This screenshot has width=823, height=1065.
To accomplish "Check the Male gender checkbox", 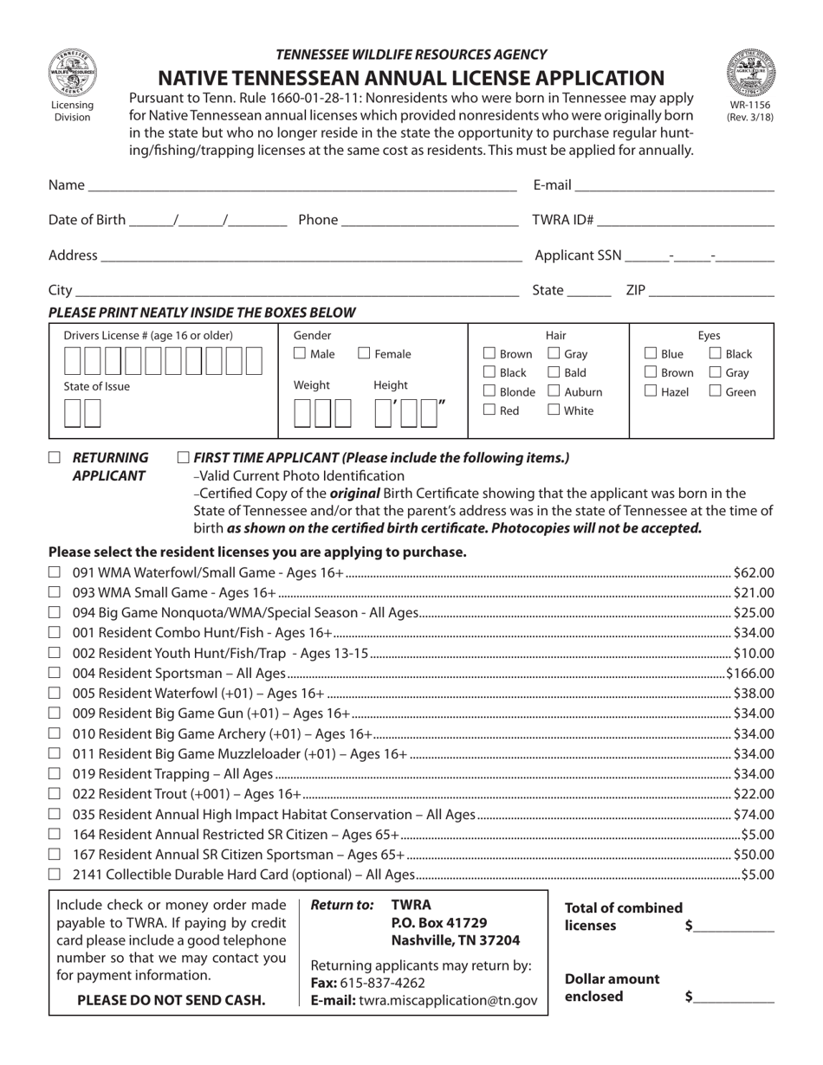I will coord(300,353).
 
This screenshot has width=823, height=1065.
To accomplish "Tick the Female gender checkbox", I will coord(365,353).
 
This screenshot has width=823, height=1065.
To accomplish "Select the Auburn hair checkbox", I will coord(554,391).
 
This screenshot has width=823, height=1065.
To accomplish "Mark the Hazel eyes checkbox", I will coord(651,391).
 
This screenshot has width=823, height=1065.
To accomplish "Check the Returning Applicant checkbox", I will coord(55,457).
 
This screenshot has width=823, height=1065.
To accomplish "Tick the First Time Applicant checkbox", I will coord(184,457).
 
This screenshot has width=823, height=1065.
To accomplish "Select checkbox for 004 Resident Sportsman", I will coord(55,673).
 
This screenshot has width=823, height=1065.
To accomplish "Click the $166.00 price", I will coord(751,673).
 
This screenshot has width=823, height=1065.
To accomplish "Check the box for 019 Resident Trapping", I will coord(55,774).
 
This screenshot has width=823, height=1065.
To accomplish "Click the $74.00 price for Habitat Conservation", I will coord(754,814).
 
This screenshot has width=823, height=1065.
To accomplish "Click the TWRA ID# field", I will coord(685,220).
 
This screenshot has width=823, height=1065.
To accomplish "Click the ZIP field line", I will coord(711,290).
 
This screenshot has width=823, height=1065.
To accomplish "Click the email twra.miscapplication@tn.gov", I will coord(448,1000).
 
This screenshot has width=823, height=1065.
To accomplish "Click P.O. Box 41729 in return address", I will coord(439,922).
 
